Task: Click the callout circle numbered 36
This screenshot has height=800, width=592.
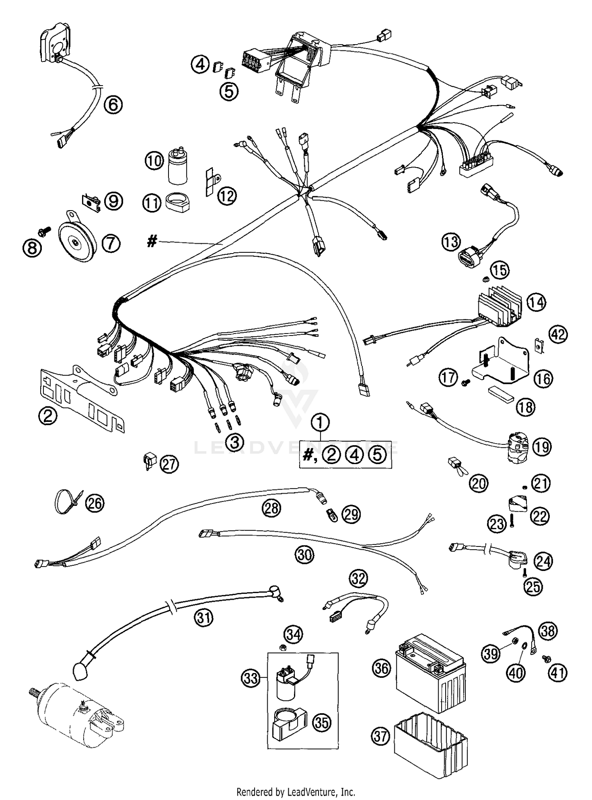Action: click(382, 668)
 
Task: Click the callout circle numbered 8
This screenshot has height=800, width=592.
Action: click(32, 247)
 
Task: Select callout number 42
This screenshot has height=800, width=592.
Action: click(558, 334)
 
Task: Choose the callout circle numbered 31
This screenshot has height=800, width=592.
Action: click(204, 617)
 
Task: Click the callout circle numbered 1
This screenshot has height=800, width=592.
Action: click(320, 423)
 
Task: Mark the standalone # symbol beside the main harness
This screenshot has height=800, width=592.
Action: click(152, 241)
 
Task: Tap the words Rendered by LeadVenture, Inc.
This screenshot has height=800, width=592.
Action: click(296, 791)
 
